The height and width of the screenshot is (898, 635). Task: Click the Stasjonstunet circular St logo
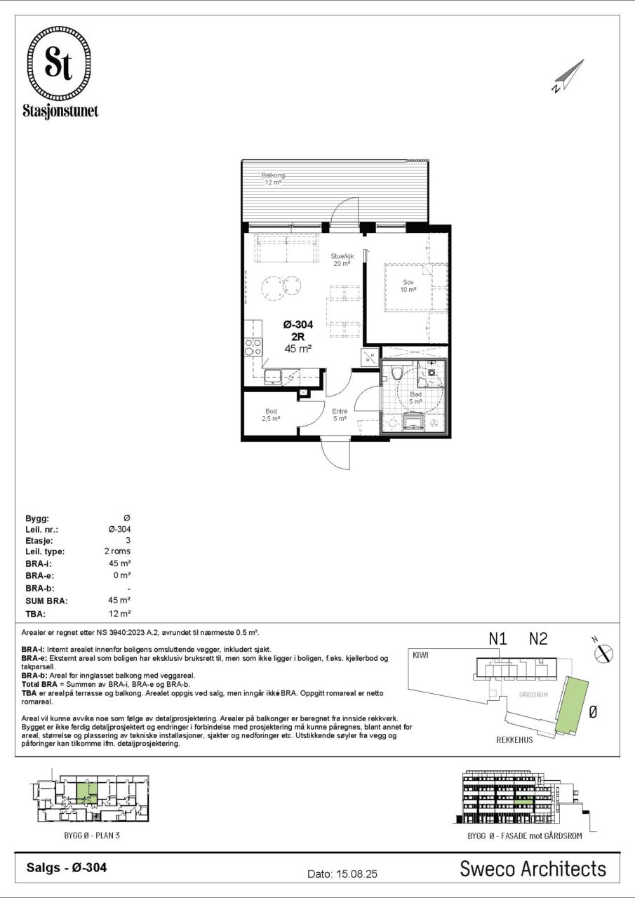click(58, 63)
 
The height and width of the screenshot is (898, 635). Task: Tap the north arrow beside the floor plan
click(568, 76)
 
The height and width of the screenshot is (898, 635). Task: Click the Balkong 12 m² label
click(273, 179)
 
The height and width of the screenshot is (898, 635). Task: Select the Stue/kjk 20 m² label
click(342, 260)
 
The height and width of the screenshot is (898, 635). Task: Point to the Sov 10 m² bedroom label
click(408, 286)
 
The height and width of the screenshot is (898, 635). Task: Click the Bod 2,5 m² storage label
click(271, 415)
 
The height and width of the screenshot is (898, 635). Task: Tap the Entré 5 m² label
click(340, 415)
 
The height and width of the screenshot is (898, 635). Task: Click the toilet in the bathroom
click(397, 373)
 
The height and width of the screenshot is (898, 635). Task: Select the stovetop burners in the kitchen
click(253, 347)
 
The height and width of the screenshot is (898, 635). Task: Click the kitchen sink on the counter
click(274, 377)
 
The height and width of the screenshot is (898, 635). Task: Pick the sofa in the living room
click(287, 248)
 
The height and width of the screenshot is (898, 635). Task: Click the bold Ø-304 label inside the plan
click(298, 324)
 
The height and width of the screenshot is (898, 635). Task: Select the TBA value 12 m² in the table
click(119, 613)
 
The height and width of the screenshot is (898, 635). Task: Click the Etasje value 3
click(128, 540)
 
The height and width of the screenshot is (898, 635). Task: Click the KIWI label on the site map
click(420, 655)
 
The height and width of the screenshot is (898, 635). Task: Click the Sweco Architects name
click(533, 869)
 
